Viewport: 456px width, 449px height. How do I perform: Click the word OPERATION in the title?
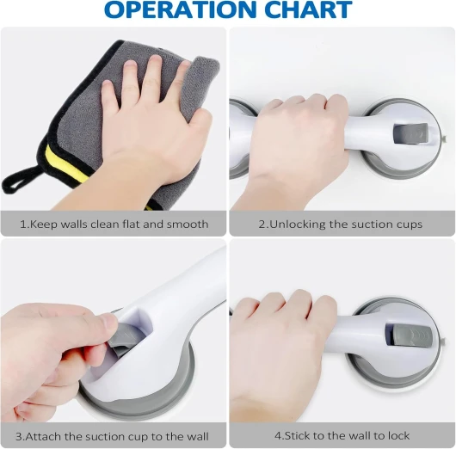181,9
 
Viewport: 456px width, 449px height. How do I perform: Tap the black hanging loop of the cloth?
19,180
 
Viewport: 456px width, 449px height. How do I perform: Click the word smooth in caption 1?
188,224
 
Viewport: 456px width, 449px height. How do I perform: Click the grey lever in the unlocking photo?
410,134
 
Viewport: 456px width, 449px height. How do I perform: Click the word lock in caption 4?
398,435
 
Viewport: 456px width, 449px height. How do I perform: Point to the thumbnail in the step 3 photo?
109,323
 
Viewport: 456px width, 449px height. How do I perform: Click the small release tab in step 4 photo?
443,341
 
